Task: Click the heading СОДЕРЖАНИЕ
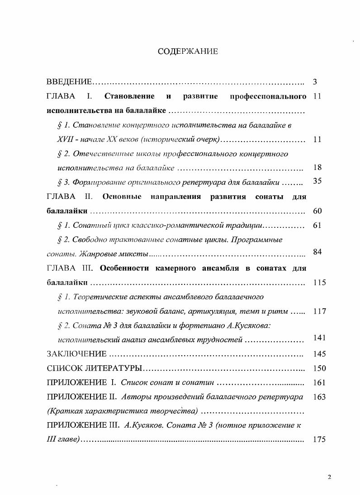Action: pyautogui.click(x=188, y=52)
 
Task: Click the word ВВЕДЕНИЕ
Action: pyautogui.click(x=70, y=82)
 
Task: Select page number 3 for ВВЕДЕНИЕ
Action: pyautogui.click(x=315, y=82)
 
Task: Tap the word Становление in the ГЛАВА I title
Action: pyautogui.click(x=129, y=96)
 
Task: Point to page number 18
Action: pyautogui.click(x=317, y=168)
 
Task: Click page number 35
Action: pyautogui.click(x=317, y=181)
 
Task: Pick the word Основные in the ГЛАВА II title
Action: pyautogui.click(x=122, y=197)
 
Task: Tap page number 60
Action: pyautogui.click(x=317, y=211)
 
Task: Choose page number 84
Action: pyautogui.click(x=317, y=252)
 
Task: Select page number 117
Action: pyautogui.click(x=319, y=311)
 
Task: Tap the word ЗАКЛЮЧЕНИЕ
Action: pyautogui.click(x=77, y=354)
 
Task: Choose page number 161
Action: pyautogui.click(x=319, y=382)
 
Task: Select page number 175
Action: pyautogui.click(x=319, y=439)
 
